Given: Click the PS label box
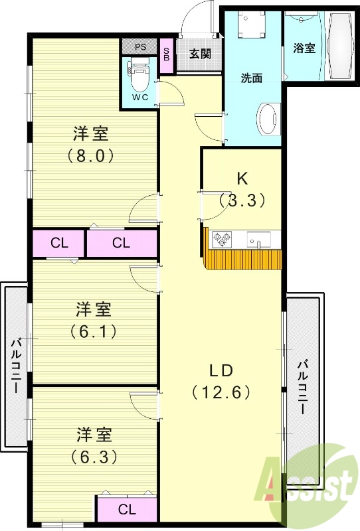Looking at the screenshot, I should (x=140, y=46).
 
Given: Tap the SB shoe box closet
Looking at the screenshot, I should (x=167, y=52).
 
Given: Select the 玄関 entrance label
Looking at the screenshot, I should (x=199, y=54).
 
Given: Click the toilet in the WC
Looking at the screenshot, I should (x=139, y=78).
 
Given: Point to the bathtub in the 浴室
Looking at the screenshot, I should (x=340, y=46).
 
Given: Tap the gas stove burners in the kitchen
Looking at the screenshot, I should (x=221, y=238).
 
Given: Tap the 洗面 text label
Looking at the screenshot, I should (x=251, y=78).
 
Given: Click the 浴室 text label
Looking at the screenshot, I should (x=304, y=48).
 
